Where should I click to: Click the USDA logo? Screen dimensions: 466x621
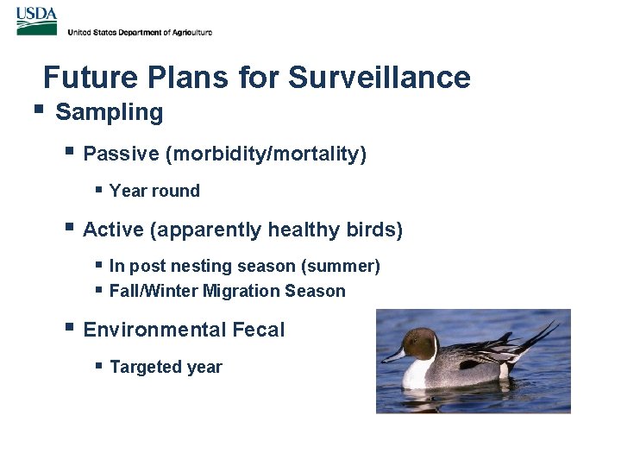click(x=36, y=21)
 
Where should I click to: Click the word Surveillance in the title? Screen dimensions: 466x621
click(x=379, y=78)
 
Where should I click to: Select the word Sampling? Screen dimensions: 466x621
click(x=109, y=112)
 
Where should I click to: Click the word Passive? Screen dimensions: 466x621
click(x=121, y=154)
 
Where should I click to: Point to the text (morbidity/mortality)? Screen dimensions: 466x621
click(x=267, y=154)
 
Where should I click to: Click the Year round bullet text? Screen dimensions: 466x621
click(x=154, y=191)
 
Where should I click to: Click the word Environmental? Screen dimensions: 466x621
click(x=154, y=330)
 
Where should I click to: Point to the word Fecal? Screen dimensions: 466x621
click(x=258, y=330)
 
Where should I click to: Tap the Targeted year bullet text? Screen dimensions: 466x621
click(x=166, y=367)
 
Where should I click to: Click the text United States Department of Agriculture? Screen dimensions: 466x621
click(x=139, y=32)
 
